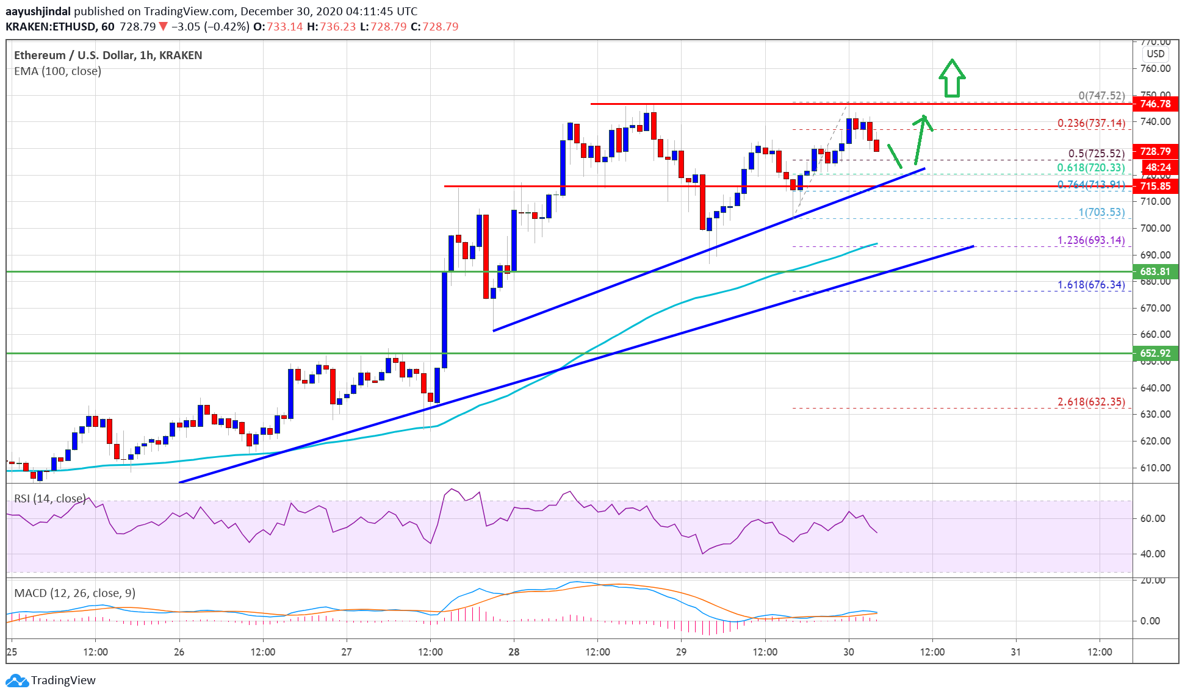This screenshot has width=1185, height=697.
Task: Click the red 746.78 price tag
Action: coord(1155,104)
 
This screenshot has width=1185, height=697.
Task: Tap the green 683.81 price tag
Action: coord(1155,272)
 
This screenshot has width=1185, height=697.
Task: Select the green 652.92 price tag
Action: coord(1155,353)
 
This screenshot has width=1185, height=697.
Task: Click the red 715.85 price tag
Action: coord(1155,187)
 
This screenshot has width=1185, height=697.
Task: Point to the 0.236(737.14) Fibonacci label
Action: coord(1091,123)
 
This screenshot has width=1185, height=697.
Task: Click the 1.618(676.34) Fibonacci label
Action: coord(1091,285)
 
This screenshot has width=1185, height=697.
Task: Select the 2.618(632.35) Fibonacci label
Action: coord(1091,402)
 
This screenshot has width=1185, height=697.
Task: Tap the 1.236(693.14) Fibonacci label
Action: coord(1091,240)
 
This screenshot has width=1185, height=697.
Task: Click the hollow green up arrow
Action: coord(951,78)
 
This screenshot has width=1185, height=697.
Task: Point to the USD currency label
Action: coord(1155,54)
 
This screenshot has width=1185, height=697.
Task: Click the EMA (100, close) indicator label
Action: coord(57,71)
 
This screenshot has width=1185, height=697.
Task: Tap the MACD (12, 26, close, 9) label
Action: coord(74,593)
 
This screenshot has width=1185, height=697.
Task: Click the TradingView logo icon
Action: coord(17,681)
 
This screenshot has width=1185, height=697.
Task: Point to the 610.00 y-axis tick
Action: coord(1155,468)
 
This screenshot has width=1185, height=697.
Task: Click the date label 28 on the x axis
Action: coord(514,652)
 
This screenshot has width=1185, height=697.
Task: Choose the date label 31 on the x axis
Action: coord(1015,652)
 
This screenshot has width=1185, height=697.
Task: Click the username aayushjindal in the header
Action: coord(38,12)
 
